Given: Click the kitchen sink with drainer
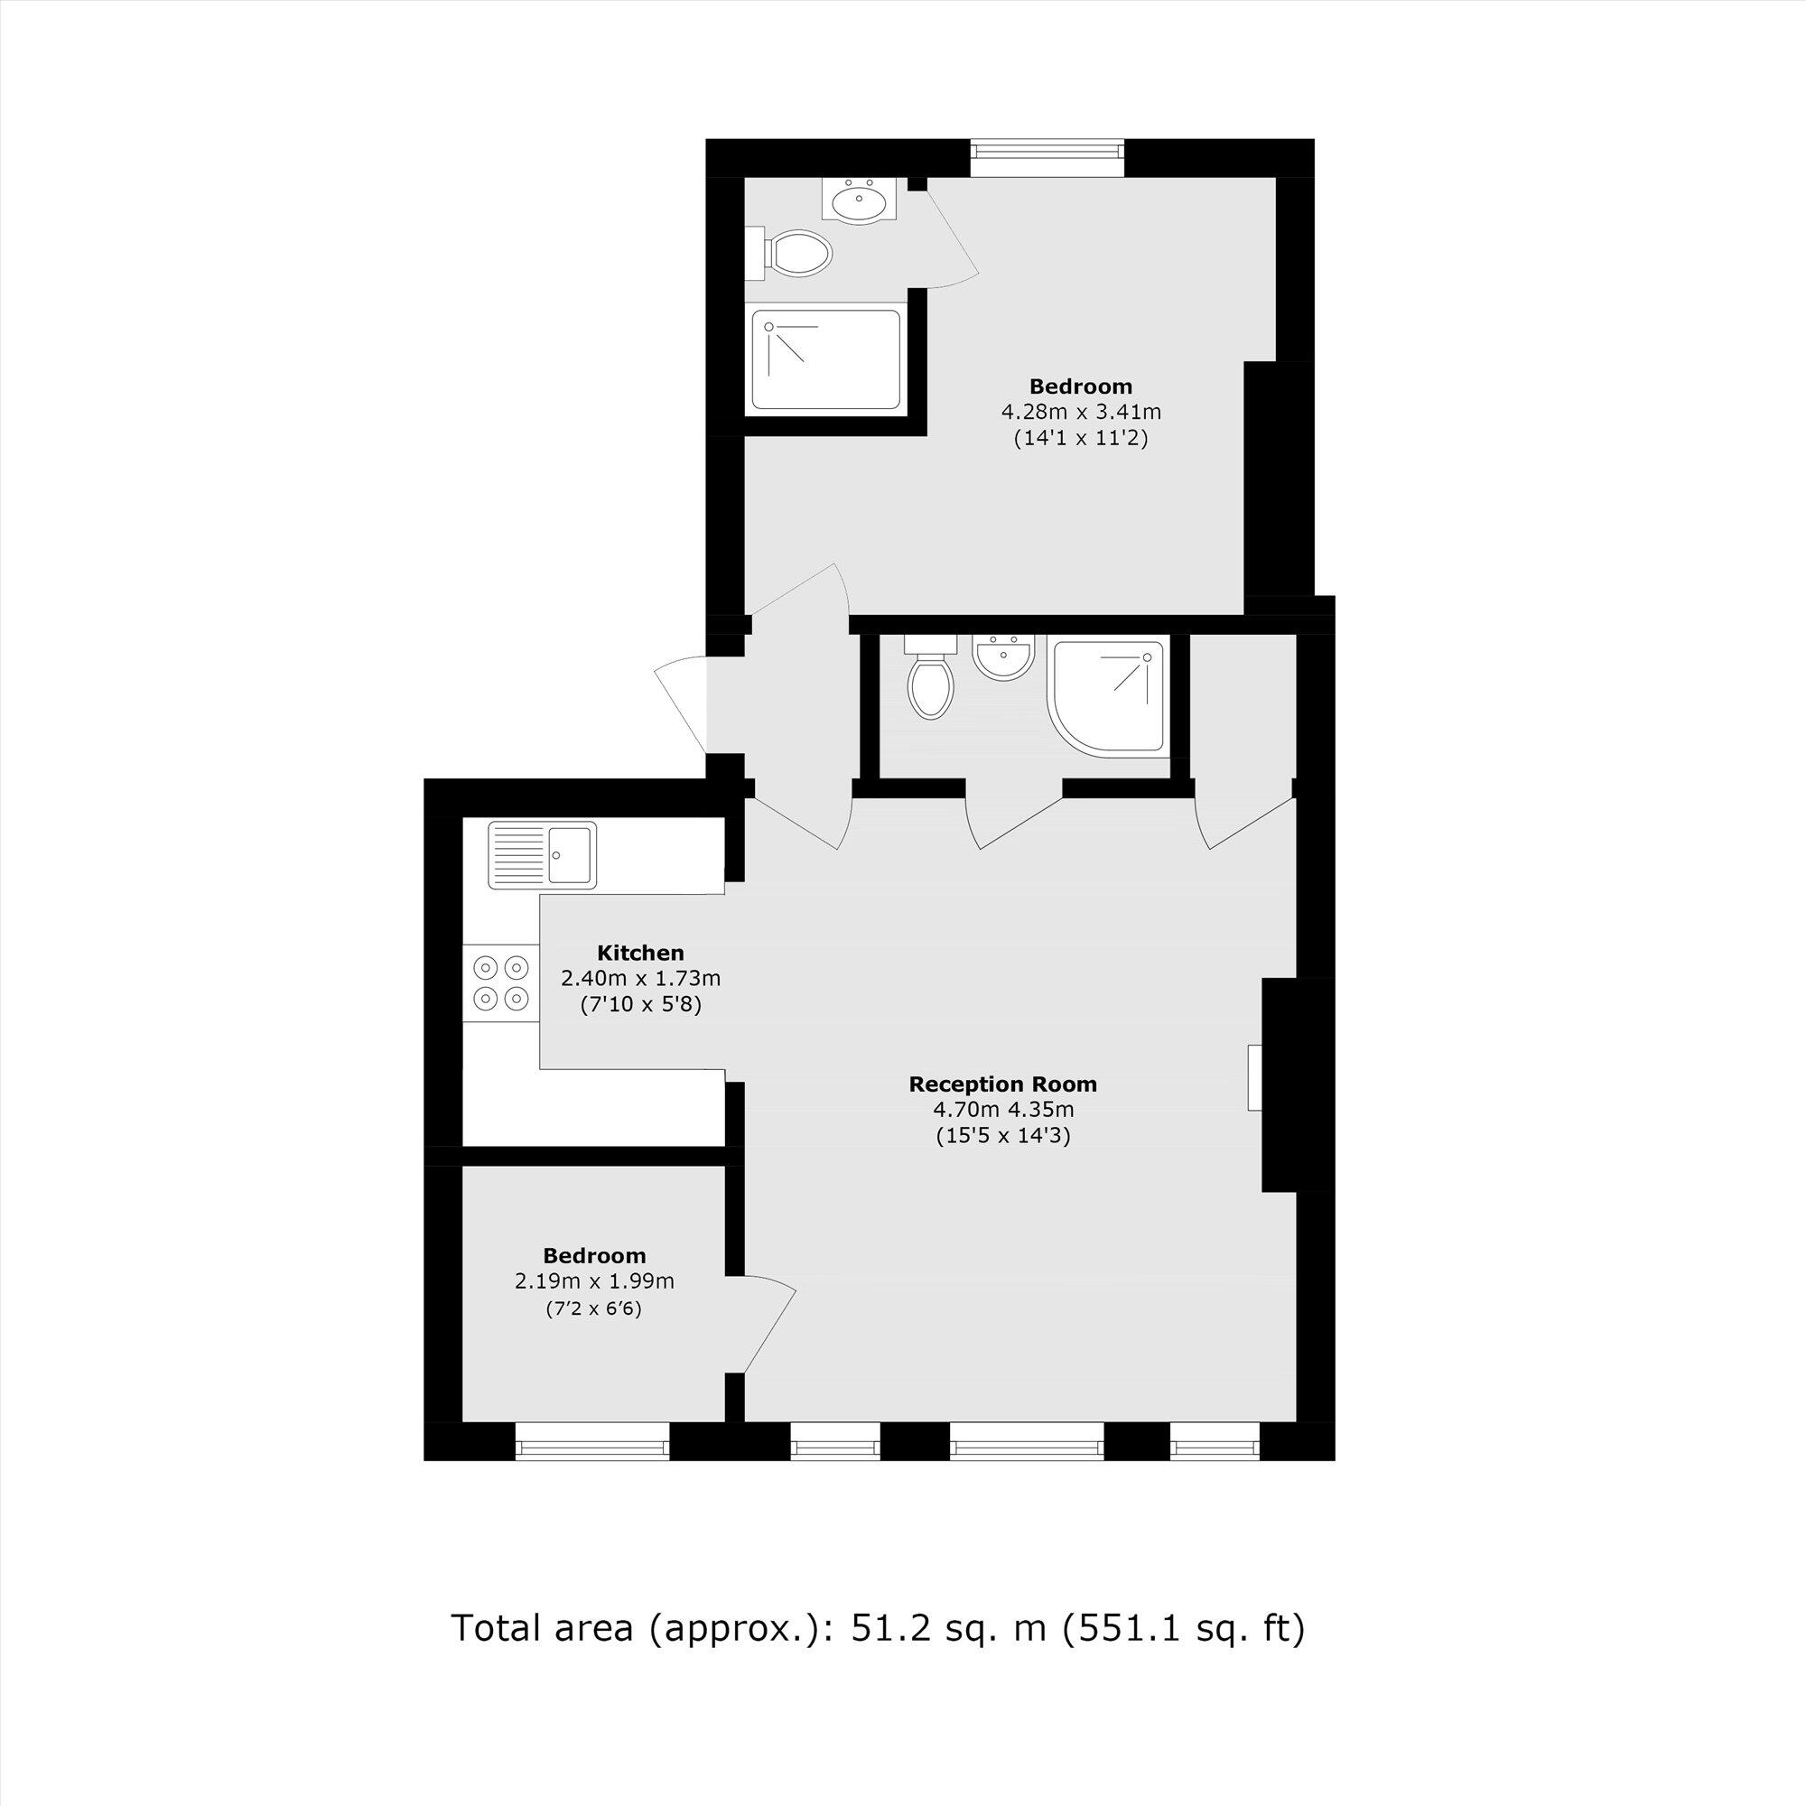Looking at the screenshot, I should coord(541,854).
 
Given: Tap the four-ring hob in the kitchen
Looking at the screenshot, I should coord(501,982).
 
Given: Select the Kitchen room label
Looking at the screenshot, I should coord(640,953).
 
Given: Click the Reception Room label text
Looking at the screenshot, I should coord(1002,1085).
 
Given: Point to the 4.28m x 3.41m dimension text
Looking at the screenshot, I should coord(1081,411).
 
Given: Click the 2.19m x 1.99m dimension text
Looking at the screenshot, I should coord(593,1281).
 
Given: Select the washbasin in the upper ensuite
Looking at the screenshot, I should coord(859,200).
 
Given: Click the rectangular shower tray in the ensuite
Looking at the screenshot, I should coord(825,361).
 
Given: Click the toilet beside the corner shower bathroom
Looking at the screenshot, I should coord(930,687).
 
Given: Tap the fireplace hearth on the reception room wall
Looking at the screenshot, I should coord(1254,1078).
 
